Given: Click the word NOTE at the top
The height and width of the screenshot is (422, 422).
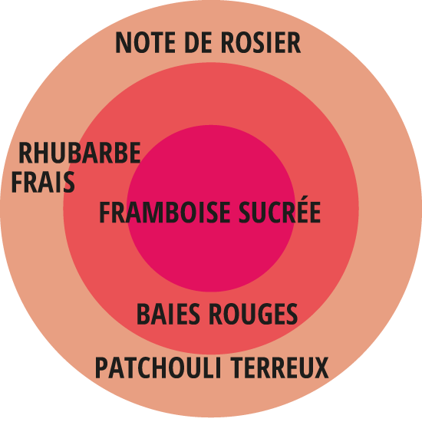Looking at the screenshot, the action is (145, 42).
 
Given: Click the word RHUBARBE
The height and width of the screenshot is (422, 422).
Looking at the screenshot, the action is (80, 153).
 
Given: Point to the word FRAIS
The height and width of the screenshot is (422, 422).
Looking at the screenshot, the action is (43, 182).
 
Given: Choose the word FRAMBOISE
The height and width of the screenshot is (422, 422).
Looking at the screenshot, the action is (165, 212).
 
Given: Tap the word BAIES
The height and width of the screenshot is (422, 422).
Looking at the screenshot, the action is (168, 314).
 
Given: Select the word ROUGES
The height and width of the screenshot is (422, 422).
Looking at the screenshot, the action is (253, 314).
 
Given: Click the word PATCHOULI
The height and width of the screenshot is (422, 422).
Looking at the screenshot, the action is (159, 368).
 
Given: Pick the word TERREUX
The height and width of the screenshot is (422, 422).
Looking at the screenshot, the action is (279, 368).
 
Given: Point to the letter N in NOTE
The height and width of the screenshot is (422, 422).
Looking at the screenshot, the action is (123, 42).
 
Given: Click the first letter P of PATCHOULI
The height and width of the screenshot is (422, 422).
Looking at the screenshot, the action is (102, 368).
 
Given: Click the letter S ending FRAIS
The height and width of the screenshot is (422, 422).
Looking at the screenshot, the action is (68, 182).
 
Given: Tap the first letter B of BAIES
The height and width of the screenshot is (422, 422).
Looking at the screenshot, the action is (144, 314).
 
